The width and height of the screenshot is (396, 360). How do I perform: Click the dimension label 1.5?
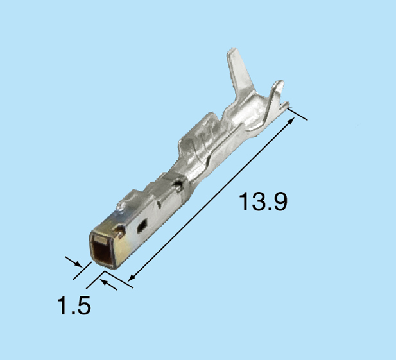(73, 305)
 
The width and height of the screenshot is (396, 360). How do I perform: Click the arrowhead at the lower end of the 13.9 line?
(131, 277)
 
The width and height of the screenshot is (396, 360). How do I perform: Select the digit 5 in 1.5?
(83, 305)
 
